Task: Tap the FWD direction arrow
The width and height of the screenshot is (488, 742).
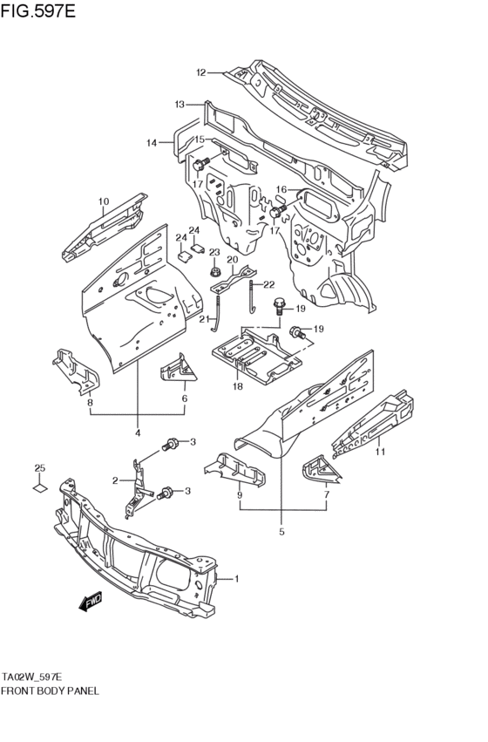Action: click(89, 601)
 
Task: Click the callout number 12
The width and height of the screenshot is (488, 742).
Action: click(200, 72)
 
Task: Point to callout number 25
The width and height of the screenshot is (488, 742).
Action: click(39, 469)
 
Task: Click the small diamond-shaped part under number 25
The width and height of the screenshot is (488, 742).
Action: click(39, 488)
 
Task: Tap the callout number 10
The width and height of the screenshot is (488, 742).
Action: click(103, 202)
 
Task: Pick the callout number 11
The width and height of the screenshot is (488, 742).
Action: click(380, 452)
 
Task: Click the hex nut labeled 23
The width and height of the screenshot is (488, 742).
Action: click(213, 271)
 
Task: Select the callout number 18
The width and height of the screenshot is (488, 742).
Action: click(237, 386)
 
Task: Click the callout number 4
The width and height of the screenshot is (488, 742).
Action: click(138, 432)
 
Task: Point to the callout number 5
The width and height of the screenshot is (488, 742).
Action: click(282, 531)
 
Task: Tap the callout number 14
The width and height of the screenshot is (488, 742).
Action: click(152, 143)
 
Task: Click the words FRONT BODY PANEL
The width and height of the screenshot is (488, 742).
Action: click(50, 690)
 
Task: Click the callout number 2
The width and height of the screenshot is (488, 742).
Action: click(115, 480)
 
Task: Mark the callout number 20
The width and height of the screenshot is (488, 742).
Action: click(233, 259)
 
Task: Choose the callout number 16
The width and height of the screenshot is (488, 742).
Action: click(281, 189)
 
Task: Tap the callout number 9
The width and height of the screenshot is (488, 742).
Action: click(239, 496)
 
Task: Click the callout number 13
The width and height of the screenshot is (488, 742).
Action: click(180, 105)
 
